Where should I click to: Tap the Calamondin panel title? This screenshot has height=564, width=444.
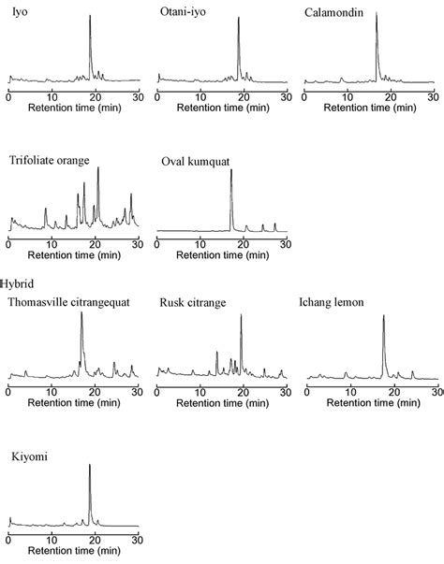(337, 11)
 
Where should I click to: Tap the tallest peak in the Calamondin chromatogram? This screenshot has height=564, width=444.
(376, 15)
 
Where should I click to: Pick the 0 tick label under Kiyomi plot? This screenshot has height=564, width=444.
(7, 539)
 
